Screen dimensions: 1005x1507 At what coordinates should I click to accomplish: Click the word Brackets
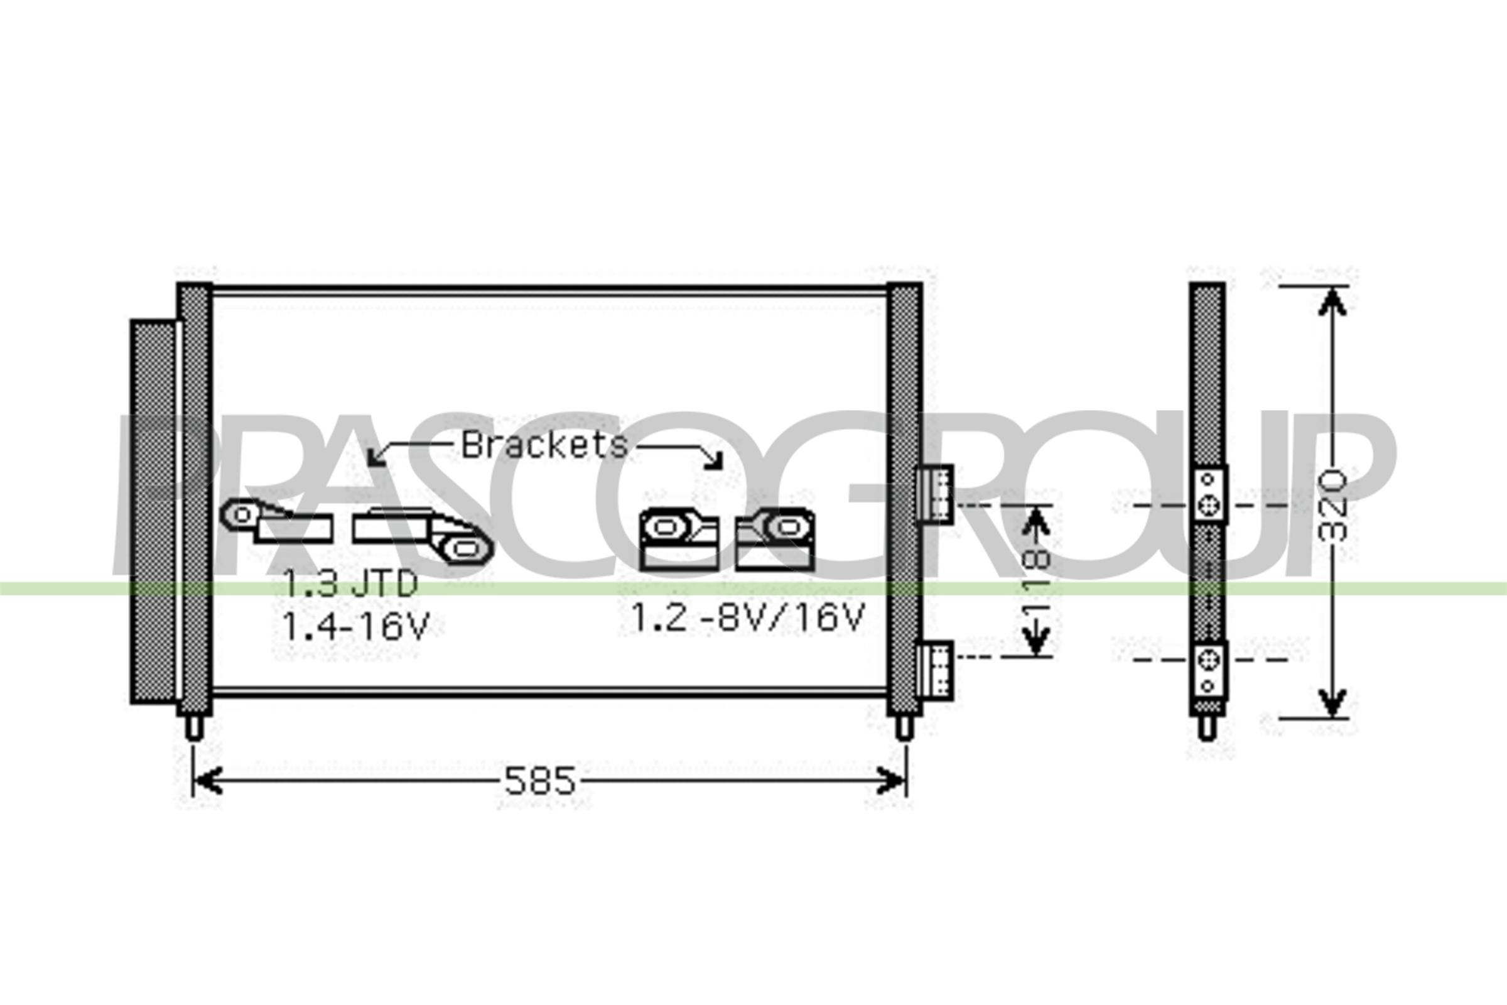544,445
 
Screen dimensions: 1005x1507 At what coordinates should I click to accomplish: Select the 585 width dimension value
539,781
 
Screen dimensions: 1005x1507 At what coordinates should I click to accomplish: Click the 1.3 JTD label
350,584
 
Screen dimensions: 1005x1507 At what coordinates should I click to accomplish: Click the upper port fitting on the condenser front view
935,494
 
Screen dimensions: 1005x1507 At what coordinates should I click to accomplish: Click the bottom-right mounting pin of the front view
904,727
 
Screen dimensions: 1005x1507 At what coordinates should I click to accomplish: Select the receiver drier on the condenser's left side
153,511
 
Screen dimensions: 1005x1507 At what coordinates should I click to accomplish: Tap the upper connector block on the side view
1207,494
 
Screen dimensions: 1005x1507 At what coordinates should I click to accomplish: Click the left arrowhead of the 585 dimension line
207,781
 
